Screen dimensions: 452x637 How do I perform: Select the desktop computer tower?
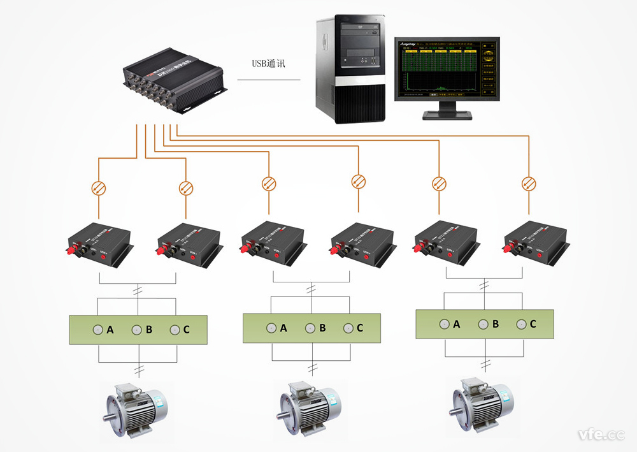click(351, 69)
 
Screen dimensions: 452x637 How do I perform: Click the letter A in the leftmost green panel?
click(110, 330)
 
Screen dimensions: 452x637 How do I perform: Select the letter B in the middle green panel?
click(322, 328)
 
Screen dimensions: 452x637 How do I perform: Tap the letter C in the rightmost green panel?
click(533, 324)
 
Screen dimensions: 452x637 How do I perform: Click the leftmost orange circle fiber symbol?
click(99, 187)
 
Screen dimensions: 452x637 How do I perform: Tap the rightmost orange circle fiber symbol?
click(528, 182)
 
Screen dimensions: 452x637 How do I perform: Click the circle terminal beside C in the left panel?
click(175, 330)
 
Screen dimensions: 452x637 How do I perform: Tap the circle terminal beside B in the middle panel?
click(310, 328)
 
